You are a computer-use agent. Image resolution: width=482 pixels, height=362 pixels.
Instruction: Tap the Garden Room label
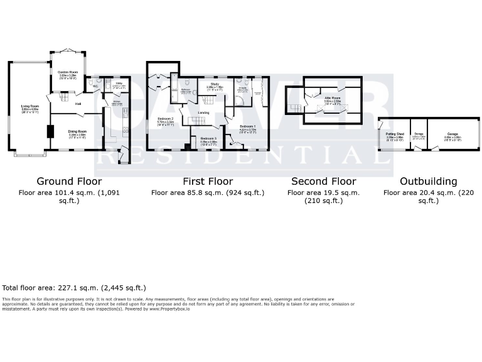click(67, 72)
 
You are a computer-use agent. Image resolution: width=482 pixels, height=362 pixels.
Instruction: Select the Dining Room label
click(77, 131)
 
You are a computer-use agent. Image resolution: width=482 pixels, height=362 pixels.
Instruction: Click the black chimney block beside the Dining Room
click(50, 132)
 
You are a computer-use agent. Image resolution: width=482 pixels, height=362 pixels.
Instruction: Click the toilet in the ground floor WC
click(92, 82)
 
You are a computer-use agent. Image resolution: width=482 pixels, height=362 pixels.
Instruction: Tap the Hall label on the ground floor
click(78, 103)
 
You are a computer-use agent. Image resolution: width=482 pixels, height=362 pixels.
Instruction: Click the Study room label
click(214, 84)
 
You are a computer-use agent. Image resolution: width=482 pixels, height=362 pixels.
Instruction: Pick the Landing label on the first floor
click(203, 112)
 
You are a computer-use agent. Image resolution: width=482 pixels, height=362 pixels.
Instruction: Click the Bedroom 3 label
click(208, 138)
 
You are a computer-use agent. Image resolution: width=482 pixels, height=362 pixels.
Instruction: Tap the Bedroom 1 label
click(247, 126)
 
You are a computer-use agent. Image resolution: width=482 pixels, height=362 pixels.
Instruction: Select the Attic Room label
click(332, 98)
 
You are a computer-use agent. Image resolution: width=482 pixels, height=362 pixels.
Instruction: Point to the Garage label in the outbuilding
click(453, 134)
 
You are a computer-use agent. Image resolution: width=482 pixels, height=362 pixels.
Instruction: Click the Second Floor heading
click(323, 182)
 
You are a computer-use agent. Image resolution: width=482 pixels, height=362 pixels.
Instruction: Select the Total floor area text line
click(74, 287)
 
